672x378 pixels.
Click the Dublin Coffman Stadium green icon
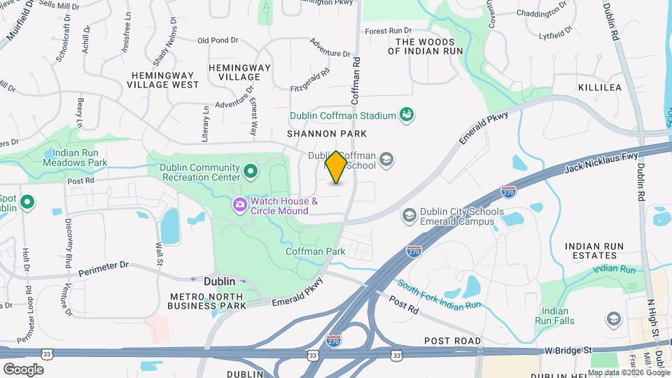(x=405, y=114)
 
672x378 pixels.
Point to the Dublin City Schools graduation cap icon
(x=409, y=216)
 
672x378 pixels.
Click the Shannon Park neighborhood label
(x=316, y=133)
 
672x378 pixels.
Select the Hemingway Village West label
(x=163, y=78)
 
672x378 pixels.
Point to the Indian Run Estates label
(x=599, y=252)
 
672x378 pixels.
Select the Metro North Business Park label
(x=208, y=300)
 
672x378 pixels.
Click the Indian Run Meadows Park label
(x=74, y=157)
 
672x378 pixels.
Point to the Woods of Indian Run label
(x=430, y=46)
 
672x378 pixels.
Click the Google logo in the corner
(x=23, y=369)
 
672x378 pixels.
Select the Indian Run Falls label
(x=558, y=316)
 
